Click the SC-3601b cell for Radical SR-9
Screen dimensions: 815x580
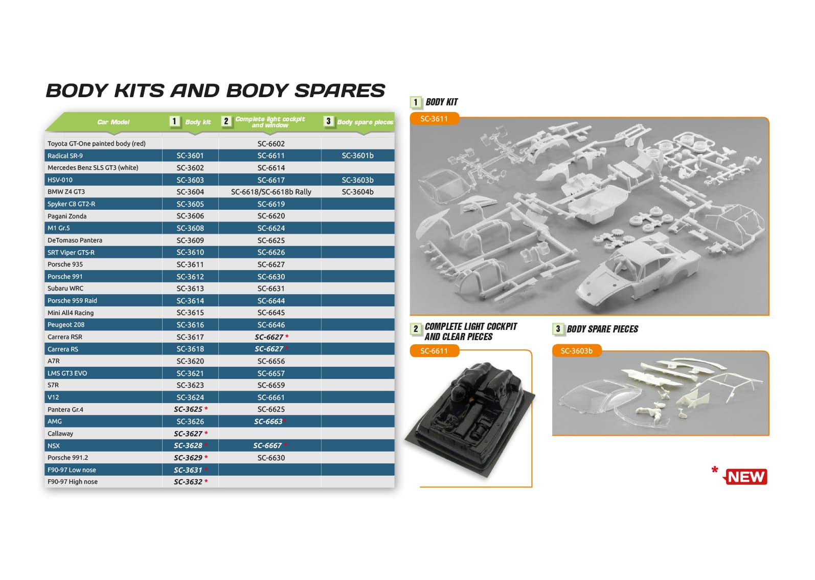coord(357,155)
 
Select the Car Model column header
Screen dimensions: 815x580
coord(113,122)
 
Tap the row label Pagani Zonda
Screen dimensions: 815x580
coord(67,216)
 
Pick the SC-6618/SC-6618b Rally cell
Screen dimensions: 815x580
coord(271,192)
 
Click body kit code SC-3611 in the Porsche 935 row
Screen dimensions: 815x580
coord(190,264)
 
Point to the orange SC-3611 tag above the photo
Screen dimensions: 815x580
coord(434,119)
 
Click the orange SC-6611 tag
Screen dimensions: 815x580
coord(434,351)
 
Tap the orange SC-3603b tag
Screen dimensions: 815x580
coord(577,351)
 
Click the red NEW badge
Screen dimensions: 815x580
coord(746,477)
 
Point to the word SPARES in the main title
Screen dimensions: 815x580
coord(339,91)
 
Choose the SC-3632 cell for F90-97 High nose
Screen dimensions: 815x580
coord(190,482)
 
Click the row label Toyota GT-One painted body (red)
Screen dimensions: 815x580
coord(97,143)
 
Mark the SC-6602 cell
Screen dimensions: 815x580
coord(271,144)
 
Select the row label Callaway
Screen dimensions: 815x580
coord(60,433)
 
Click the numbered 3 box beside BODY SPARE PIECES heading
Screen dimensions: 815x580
coord(558,329)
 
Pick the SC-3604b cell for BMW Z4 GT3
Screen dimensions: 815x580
coord(357,192)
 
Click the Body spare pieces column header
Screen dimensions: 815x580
coord(365,122)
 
